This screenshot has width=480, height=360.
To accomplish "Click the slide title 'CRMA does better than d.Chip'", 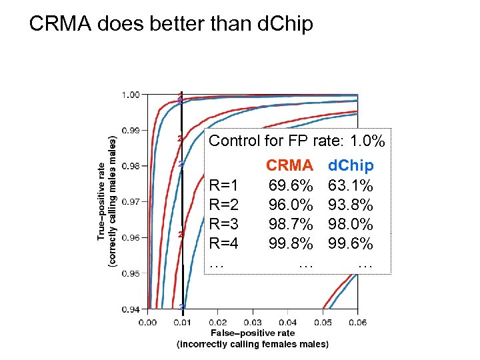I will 171,25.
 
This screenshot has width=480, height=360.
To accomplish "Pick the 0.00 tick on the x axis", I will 148,323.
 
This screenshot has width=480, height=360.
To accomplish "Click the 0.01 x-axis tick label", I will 183,323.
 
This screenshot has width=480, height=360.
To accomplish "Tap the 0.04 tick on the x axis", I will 287,323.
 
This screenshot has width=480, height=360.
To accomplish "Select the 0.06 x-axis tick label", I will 357,323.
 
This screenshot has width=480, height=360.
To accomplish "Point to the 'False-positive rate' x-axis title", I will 253,333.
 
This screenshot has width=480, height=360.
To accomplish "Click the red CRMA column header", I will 289,165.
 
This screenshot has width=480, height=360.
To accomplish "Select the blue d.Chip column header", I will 351,165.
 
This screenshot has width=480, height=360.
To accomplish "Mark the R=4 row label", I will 224,244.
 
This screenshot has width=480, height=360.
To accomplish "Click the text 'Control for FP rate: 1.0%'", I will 297,141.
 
